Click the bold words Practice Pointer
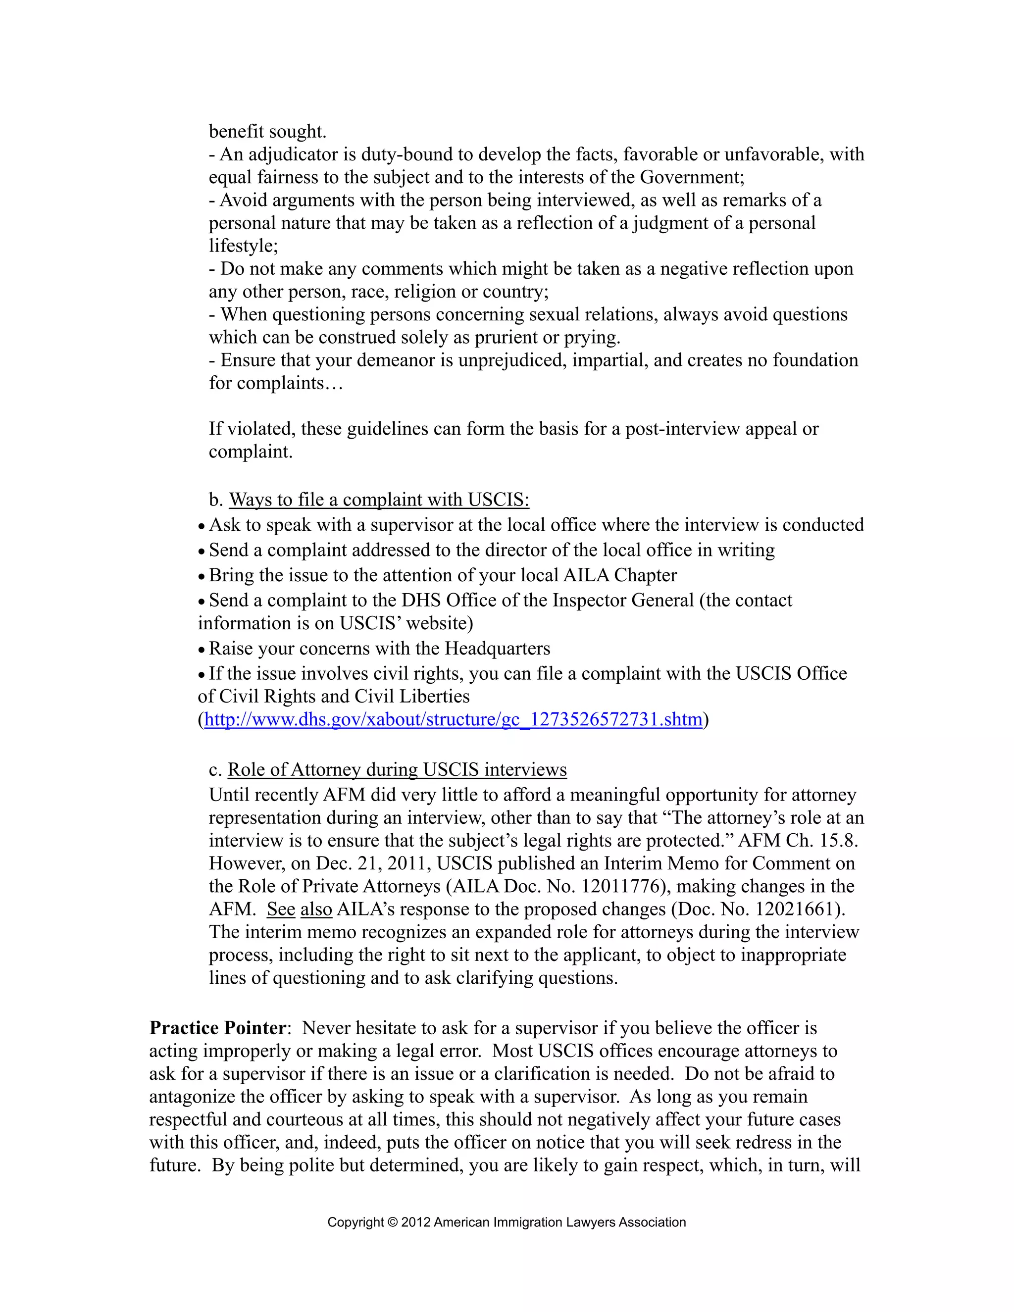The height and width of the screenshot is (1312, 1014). (x=218, y=1028)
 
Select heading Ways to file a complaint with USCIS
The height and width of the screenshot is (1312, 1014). (x=378, y=500)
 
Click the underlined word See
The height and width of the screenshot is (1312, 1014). (x=281, y=909)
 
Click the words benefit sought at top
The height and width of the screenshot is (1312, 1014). (x=267, y=132)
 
